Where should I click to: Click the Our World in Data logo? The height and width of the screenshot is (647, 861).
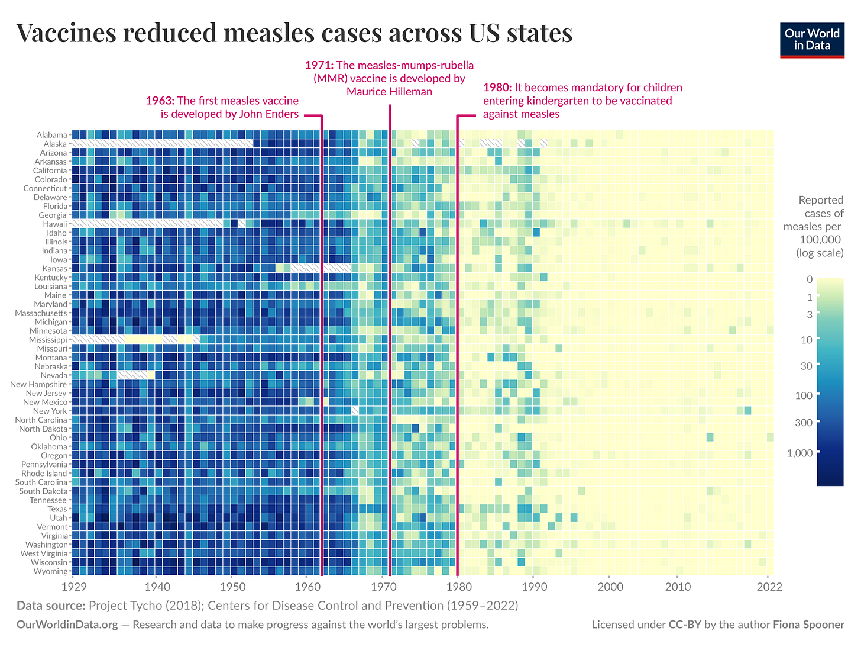(812, 39)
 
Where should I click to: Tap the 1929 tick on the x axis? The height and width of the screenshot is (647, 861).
(72, 587)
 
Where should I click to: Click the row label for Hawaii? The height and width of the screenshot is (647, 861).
(55, 224)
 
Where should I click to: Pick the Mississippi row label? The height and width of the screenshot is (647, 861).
(48, 340)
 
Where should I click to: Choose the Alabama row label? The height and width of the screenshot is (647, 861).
(51, 135)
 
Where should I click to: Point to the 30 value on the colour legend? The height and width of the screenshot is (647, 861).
(806, 366)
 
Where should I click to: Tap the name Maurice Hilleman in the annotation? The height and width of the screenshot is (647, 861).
(389, 91)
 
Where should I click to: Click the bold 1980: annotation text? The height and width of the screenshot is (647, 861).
(497, 88)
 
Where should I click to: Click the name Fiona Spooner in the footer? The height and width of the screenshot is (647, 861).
(808, 625)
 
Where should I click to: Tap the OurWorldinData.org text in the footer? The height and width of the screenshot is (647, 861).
(67, 625)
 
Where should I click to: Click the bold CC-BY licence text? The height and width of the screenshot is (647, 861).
(685, 625)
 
